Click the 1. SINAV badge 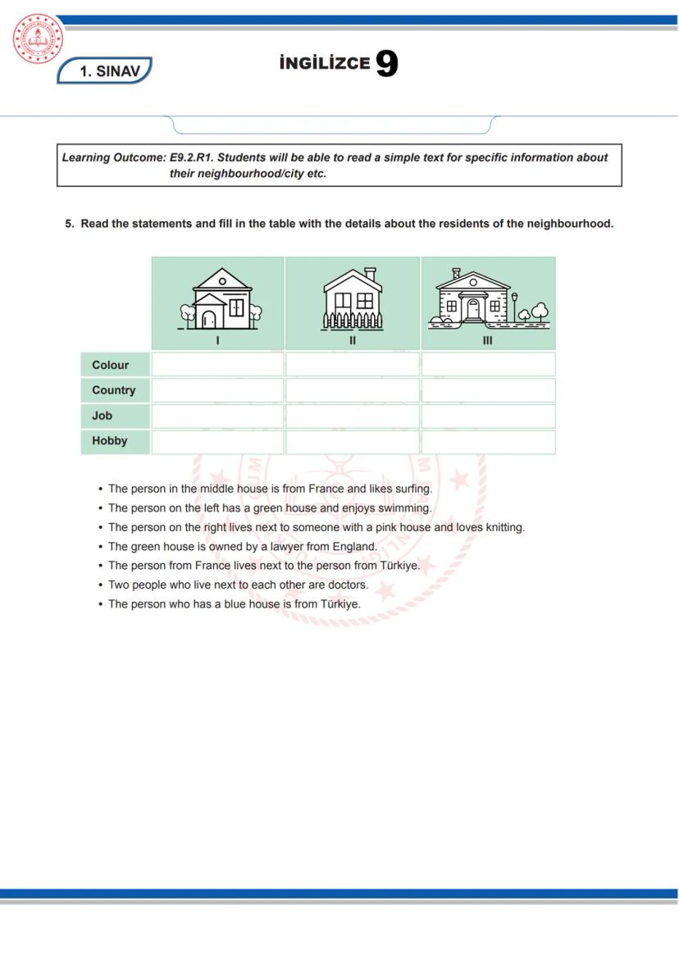(x=104, y=71)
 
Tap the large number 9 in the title (x=386, y=64)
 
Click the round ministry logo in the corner (x=38, y=39)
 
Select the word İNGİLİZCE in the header (x=325, y=64)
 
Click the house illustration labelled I (x=218, y=299)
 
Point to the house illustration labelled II (x=353, y=299)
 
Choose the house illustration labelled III (x=488, y=299)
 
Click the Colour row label (x=111, y=365)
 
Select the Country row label (x=114, y=390)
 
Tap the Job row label (x=103, y=416)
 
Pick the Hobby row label (x=110, y=441)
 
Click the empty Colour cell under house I (x=218, y=365)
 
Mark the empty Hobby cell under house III (x=488, y=442)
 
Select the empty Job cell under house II (x=353, y=416)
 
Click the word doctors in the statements (x=348, y=585)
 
